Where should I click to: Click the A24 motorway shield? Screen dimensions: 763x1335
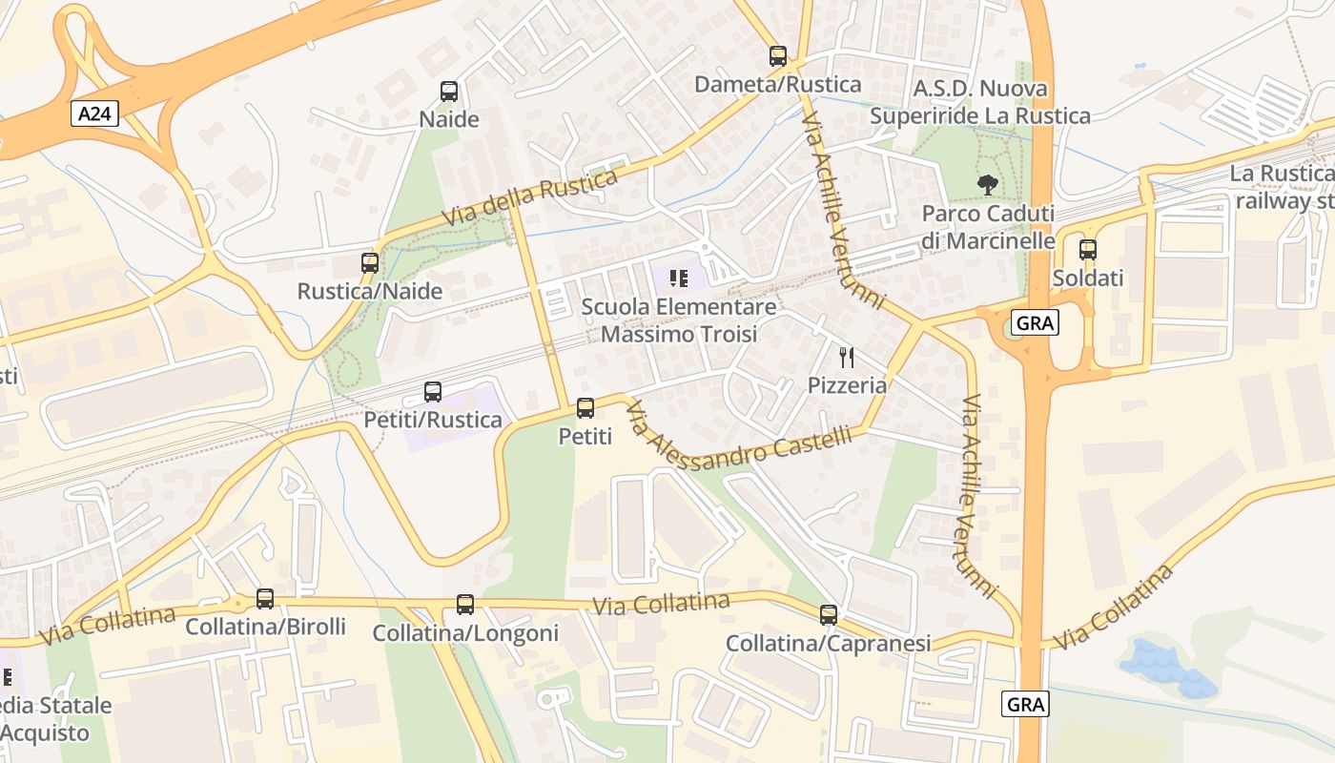(93, 114)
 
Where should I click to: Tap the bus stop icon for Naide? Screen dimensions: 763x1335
(449, 92)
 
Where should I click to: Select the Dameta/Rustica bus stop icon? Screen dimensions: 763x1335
(778, 56)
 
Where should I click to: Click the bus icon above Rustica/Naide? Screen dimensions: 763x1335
(370, 262)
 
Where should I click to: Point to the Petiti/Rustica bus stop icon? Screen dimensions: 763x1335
(433, 391)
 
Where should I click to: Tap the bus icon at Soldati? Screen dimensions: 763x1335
(1088, 250)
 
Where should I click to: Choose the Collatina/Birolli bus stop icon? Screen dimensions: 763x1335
(265, 599)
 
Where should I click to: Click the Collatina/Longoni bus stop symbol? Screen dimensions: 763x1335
(465, 605)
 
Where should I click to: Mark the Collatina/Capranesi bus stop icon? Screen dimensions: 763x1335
(829, 615)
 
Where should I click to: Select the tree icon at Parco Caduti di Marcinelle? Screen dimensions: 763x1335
(988, 184)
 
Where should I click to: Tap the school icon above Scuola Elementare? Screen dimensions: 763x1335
(679, 278)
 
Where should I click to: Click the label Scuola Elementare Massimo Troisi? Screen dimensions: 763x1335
(679, 320)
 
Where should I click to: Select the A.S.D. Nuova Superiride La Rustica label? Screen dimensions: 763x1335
(980, 102)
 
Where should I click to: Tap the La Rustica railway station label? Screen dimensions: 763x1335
(1283, 187)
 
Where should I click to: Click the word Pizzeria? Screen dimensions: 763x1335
(847, 385)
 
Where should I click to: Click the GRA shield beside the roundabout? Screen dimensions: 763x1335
(1035, 323)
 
